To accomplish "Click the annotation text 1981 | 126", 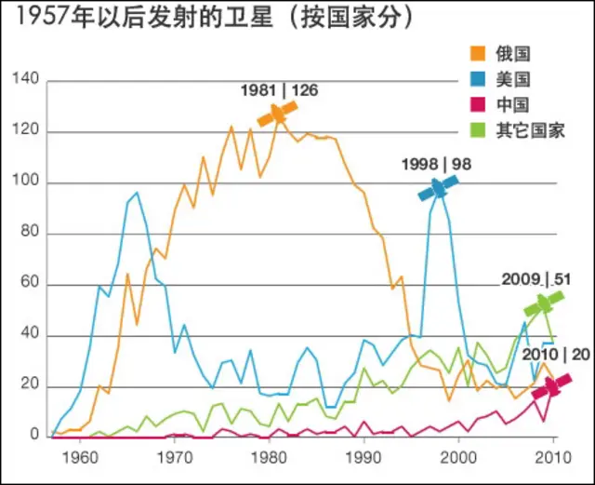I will coord(279,90).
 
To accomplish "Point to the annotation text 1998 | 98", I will coord(436,164).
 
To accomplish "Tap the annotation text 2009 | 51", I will coord(535,278).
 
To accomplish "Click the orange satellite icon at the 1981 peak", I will coord(278,114).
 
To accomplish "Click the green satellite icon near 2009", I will coord(543,303).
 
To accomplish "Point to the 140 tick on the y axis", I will coord(27,81).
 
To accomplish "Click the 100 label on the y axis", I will coord(27,182).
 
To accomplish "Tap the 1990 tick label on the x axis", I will coord(364,457).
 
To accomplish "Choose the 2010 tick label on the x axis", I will coord(553,457).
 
